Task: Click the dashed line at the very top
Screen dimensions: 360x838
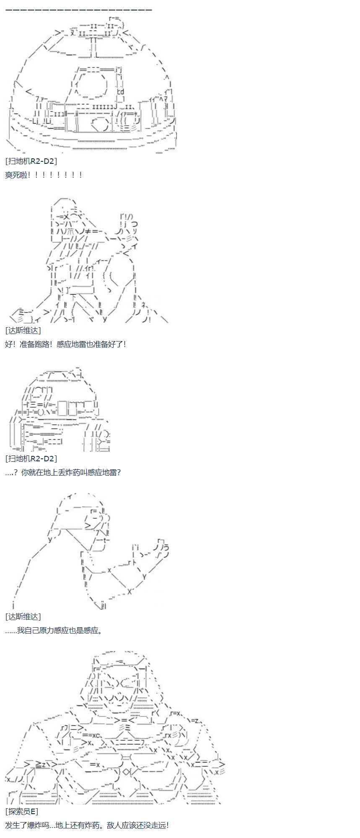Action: click(79, 9)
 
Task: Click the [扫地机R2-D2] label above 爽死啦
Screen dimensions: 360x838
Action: click(31, 161)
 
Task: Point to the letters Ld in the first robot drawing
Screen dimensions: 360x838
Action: click(121, 92)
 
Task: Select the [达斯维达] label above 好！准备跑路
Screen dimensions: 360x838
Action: click(23, 330)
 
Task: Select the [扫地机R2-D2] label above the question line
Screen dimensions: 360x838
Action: click(31, 458)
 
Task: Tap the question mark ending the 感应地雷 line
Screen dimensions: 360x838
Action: click(119, 472)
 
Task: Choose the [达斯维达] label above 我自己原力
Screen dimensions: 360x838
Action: click(23, 616)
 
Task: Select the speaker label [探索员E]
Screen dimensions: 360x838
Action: click(22, 812)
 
